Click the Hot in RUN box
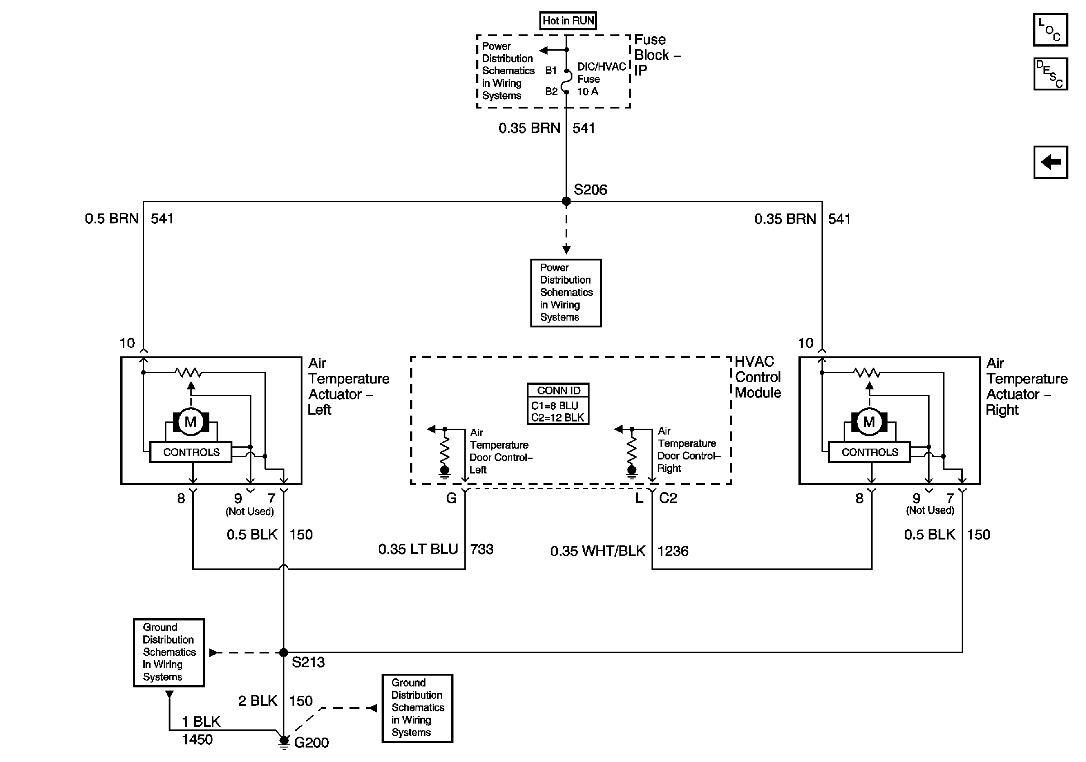(567, 21)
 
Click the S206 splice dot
(566, 202)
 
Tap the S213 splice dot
(283, 653)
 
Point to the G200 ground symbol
(284, 741)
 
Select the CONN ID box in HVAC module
(557, 404)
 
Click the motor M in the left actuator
(191, 421)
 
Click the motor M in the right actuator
(869, 421)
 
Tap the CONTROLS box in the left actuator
(191, 452)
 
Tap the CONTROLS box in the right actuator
(869, 452)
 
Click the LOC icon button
(1050, 30)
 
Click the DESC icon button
(1050, 74)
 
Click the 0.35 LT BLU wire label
(418, 549)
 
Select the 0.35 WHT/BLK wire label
(597, 551)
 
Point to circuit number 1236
(673, 551)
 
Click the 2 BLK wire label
(257, 700)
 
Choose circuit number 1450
(197, 739)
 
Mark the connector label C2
(668, 498)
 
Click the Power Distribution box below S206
(566, 293)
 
